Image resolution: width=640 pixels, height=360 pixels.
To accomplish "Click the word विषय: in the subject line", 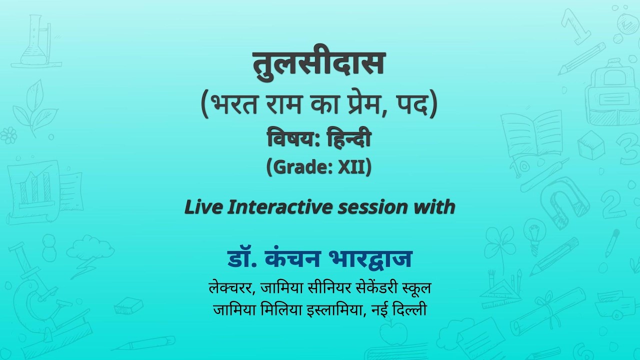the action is pos(293,138).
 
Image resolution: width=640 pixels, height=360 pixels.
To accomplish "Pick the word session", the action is pos(372,207).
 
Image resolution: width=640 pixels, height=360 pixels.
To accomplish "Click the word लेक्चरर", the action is pos(230,287).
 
